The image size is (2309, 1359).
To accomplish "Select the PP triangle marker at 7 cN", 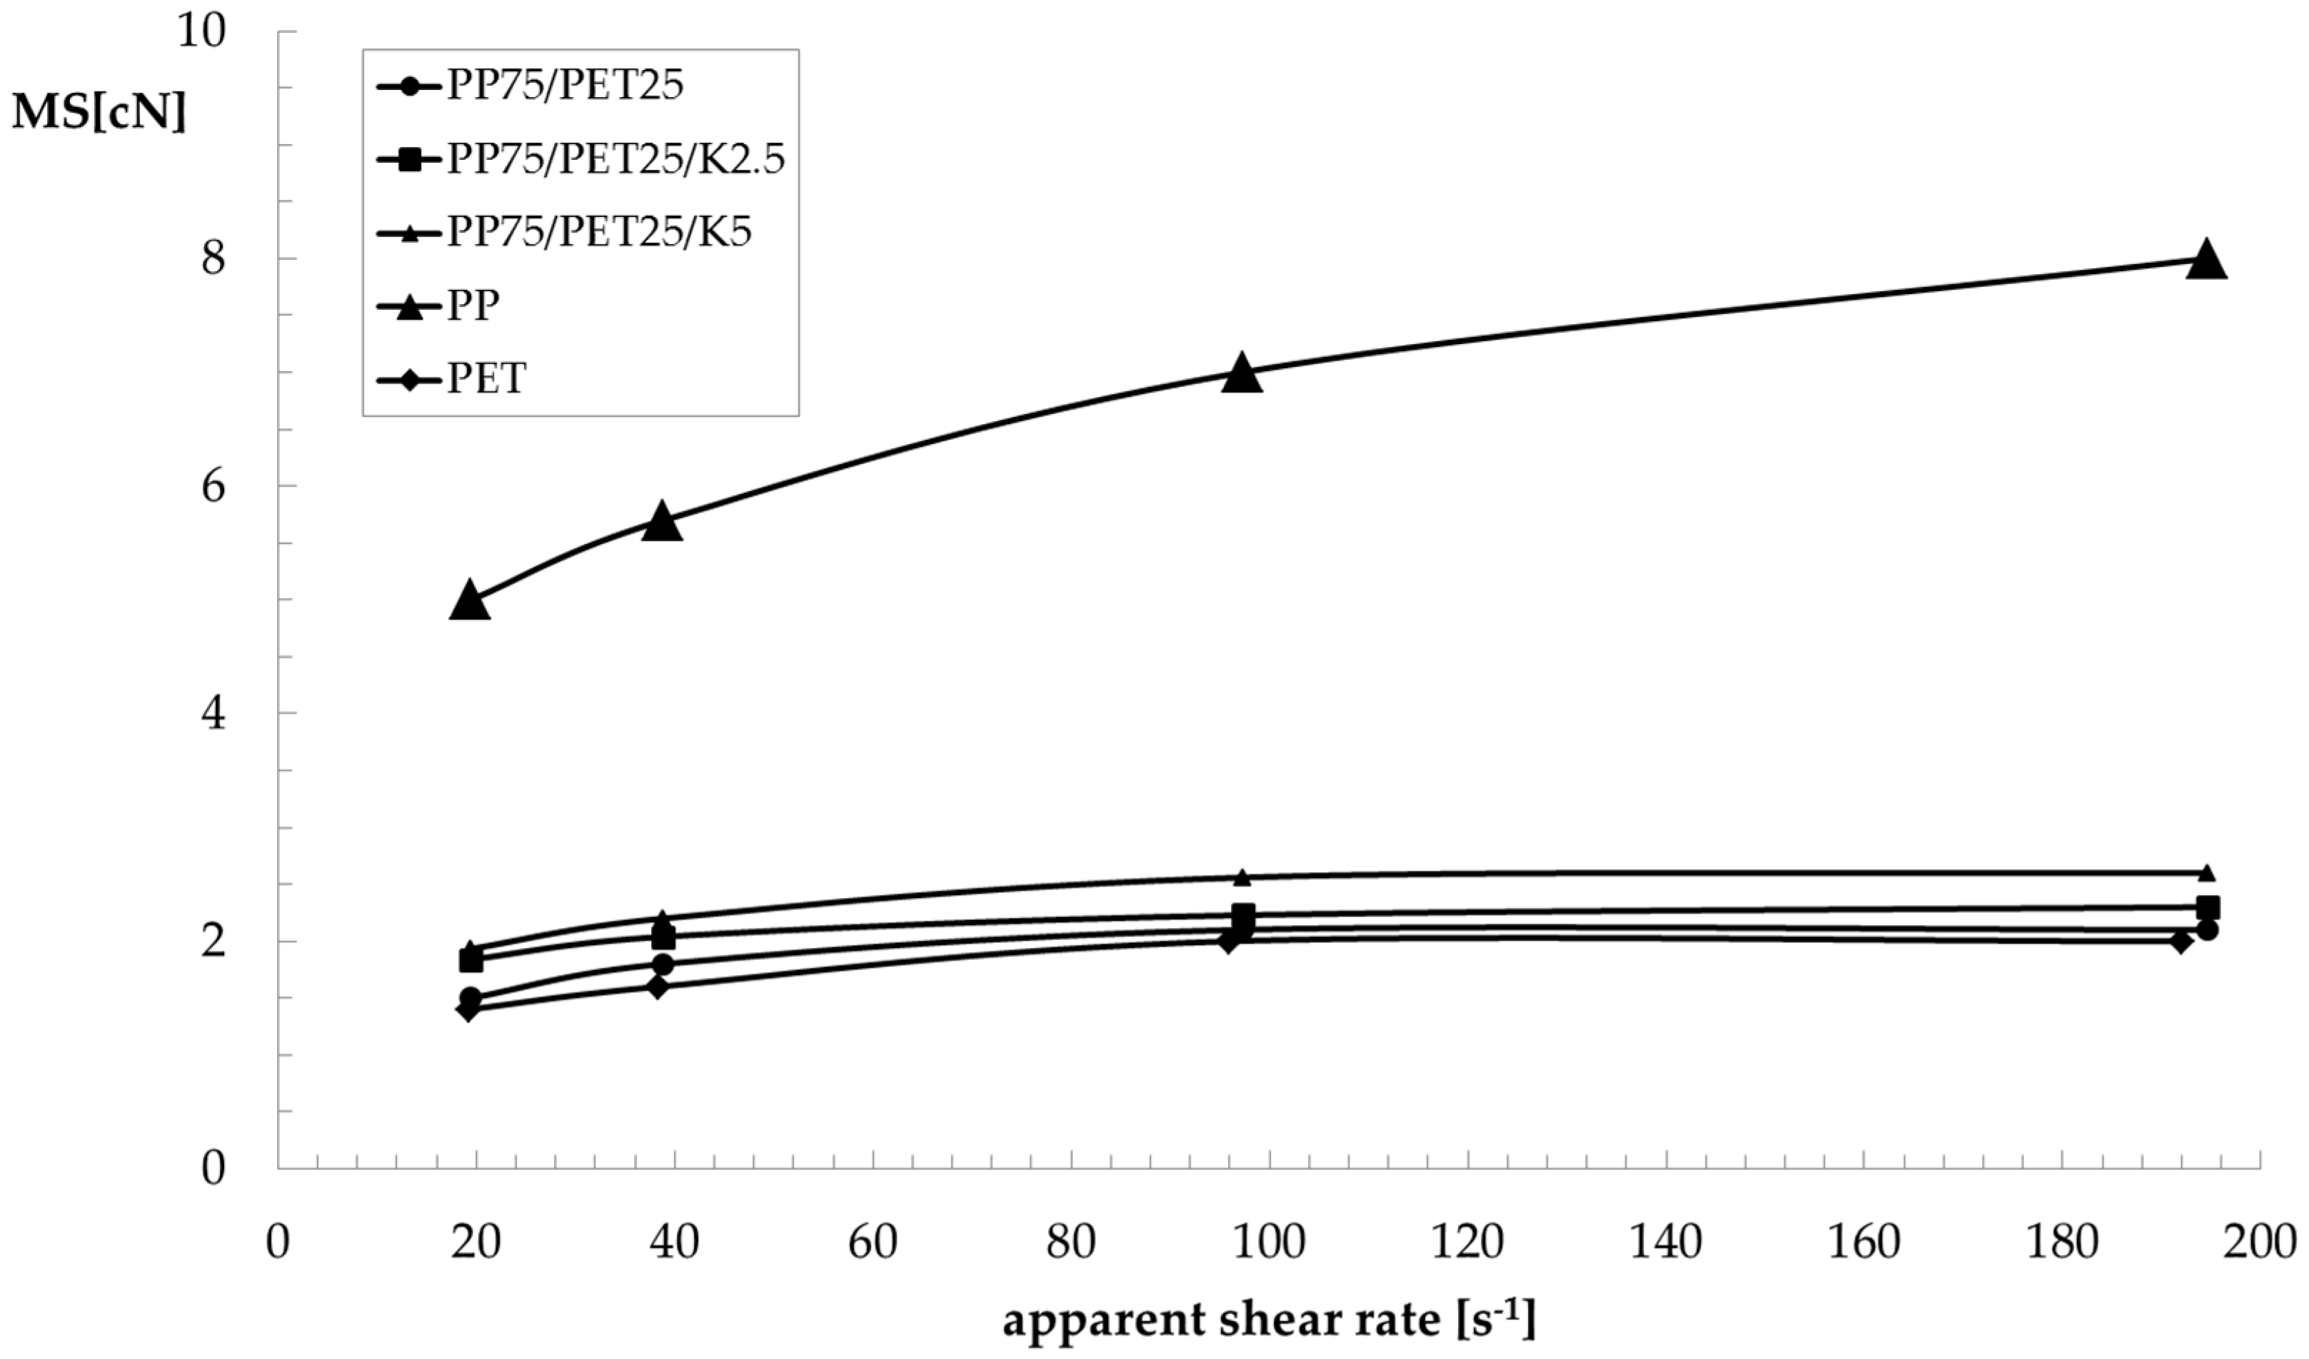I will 1242,373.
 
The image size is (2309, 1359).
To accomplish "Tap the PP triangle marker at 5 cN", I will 469,601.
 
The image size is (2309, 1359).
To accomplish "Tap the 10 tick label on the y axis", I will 201,33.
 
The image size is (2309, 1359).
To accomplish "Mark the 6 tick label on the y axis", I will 213,486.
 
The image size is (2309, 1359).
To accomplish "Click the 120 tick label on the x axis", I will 1467,1243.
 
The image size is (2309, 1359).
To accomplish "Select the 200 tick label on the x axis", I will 2258,1243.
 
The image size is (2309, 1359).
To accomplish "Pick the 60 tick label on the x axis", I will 872,1243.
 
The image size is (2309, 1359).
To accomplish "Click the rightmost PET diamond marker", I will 2180,941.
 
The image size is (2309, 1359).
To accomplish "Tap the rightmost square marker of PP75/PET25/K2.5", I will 2208,907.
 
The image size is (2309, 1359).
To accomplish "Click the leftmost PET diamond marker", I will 468,1010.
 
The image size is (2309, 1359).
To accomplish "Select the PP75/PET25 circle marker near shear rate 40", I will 663,964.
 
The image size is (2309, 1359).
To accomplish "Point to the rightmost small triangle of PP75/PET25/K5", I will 2206,872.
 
